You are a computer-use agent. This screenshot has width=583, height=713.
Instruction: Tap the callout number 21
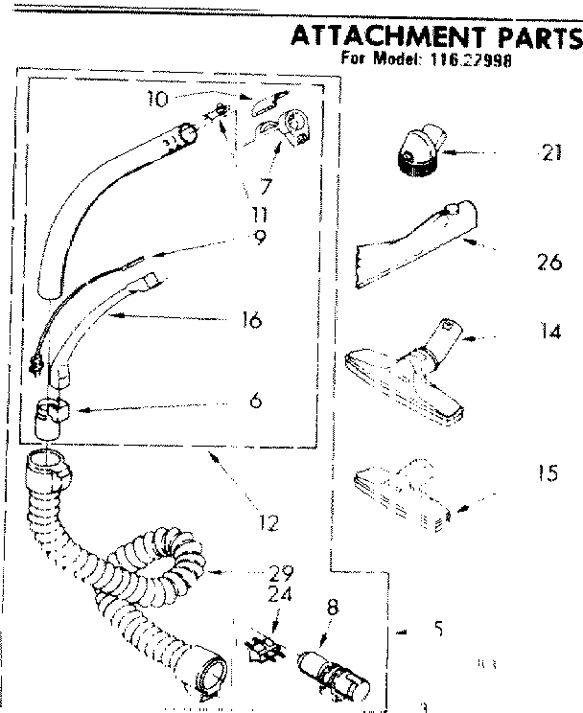549,154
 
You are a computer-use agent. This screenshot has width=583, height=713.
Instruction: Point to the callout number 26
548,261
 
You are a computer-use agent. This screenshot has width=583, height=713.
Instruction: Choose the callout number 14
549,333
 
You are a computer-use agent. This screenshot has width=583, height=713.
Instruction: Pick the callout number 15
548,474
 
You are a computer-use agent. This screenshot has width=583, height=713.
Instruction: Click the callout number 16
253,318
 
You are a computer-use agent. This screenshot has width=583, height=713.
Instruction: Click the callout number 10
158,97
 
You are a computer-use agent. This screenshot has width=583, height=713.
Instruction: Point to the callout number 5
437,630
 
